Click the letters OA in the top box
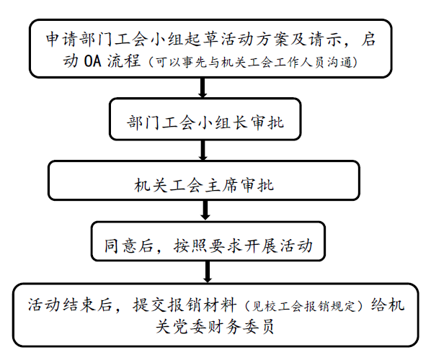pos(92,61)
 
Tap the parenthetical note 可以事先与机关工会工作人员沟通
pos(254,62)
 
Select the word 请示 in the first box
pos(326,39)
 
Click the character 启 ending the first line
pos(368,39)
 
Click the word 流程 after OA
pos(124,61)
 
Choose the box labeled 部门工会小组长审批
pos(205,120)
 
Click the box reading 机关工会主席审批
pos(204,181)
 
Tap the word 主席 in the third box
pos(221,185)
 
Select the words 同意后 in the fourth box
pos(128,246)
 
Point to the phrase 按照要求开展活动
pos(243,246)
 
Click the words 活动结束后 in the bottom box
pos(70,305)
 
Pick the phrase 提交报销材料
pos(185,305)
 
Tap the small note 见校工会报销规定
pos(303,306)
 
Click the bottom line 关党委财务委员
pos(215,327)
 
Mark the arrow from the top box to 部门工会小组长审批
pos(203,88)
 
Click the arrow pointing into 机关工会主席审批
pos(203,150)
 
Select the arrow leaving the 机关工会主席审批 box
pos(205,210)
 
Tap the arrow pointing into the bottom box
pos(208,271)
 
